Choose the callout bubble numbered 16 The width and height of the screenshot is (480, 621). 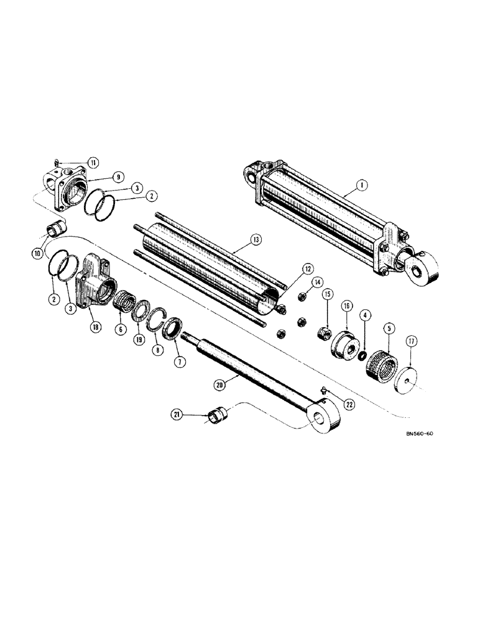(346, 306)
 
